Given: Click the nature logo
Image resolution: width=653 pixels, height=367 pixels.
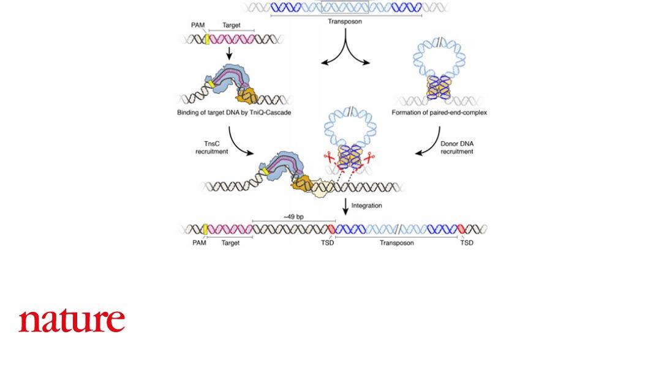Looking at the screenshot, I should click(72, 321).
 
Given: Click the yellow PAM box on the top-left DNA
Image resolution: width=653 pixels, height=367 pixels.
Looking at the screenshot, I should click(207, 39).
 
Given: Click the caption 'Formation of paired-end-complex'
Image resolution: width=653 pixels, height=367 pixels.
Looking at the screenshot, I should click(439, 113).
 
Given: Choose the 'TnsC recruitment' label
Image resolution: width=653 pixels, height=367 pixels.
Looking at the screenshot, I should click(211, 148).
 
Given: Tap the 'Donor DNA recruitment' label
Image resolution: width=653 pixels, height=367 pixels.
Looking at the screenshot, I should click(456, 148).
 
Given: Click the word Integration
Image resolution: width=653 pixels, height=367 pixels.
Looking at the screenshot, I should click(366, 206).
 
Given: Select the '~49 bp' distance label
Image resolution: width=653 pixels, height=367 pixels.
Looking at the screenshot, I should click(293, 217).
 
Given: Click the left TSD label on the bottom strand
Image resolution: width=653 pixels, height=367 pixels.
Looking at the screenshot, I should click(328, 243).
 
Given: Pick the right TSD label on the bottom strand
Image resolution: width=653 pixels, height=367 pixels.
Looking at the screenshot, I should click(467, 243).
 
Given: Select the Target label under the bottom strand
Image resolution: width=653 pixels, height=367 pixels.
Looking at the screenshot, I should click(230, 243).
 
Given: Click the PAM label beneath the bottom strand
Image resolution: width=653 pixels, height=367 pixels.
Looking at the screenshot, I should click(200, 243).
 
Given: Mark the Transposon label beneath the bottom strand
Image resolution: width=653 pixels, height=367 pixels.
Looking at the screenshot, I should click(396, 243).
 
